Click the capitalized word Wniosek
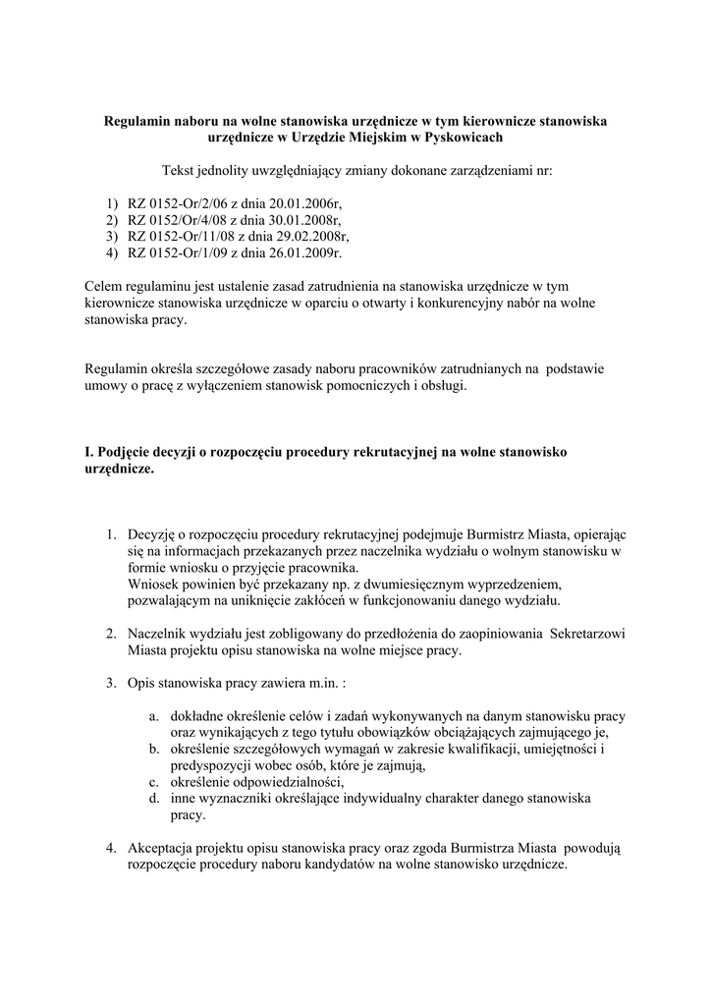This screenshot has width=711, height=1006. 151,584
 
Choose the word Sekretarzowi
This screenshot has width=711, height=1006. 589,634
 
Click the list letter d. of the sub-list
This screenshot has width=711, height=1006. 154,799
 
